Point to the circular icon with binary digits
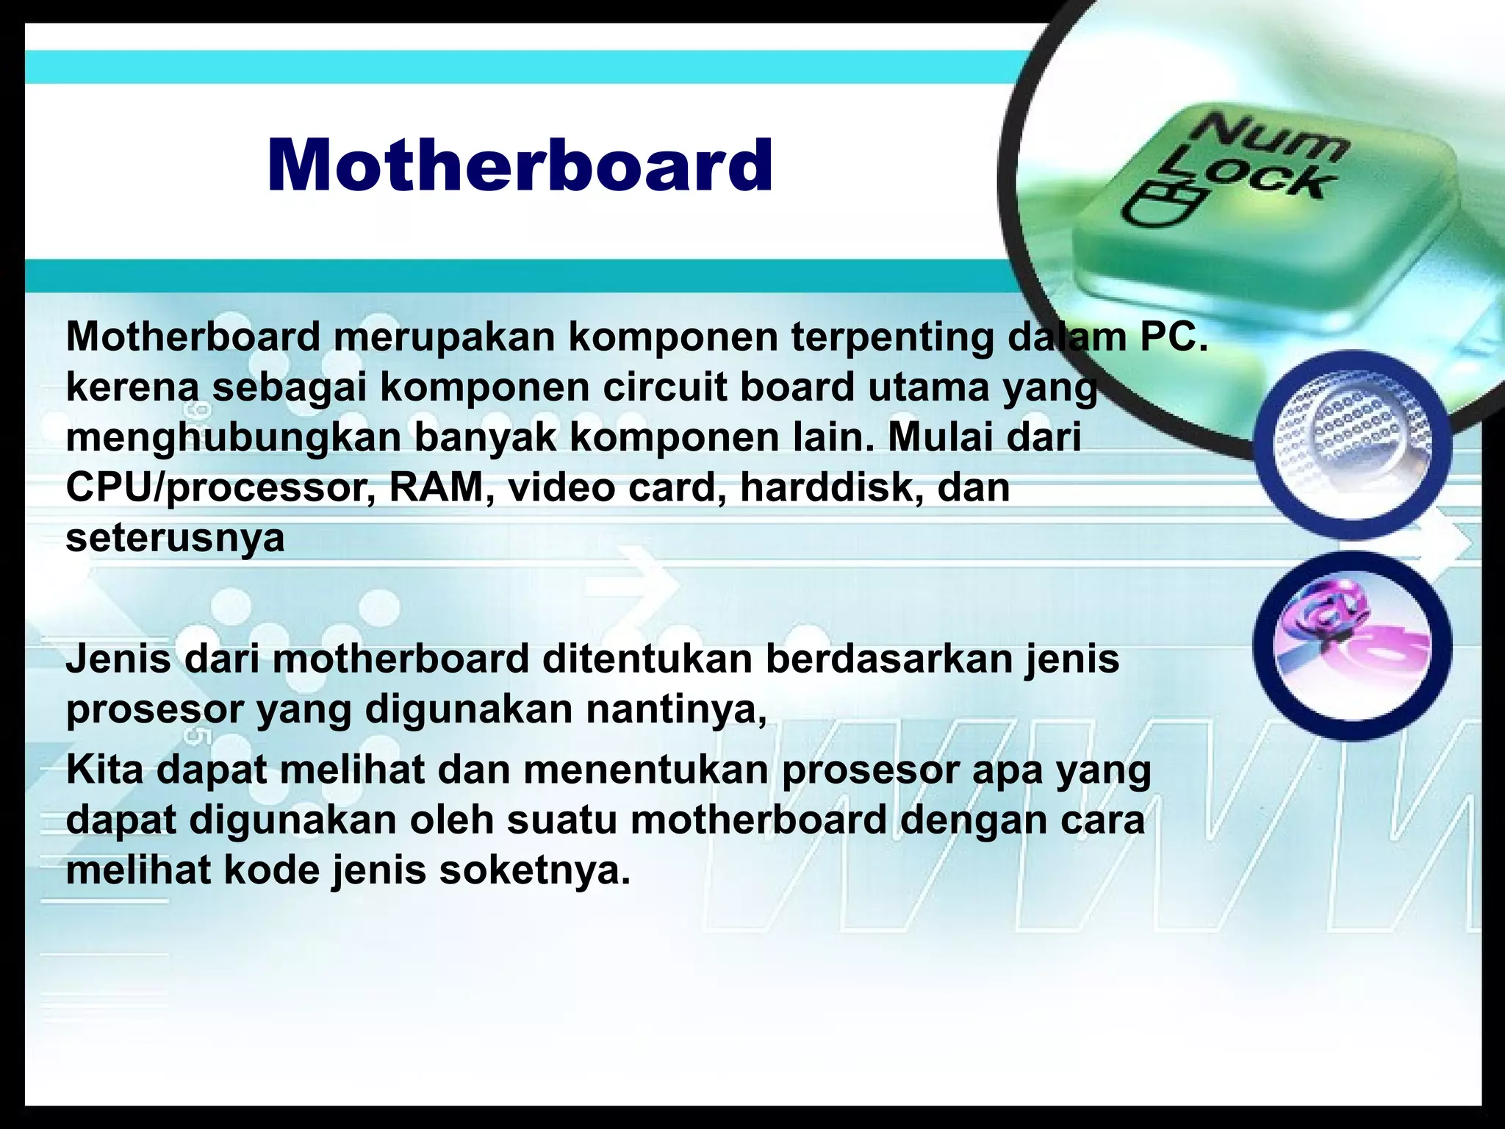(1352, 444)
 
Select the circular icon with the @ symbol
(1352, 645)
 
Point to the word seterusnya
(175, 538)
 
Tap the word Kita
(104, 770)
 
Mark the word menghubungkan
(233, 438)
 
